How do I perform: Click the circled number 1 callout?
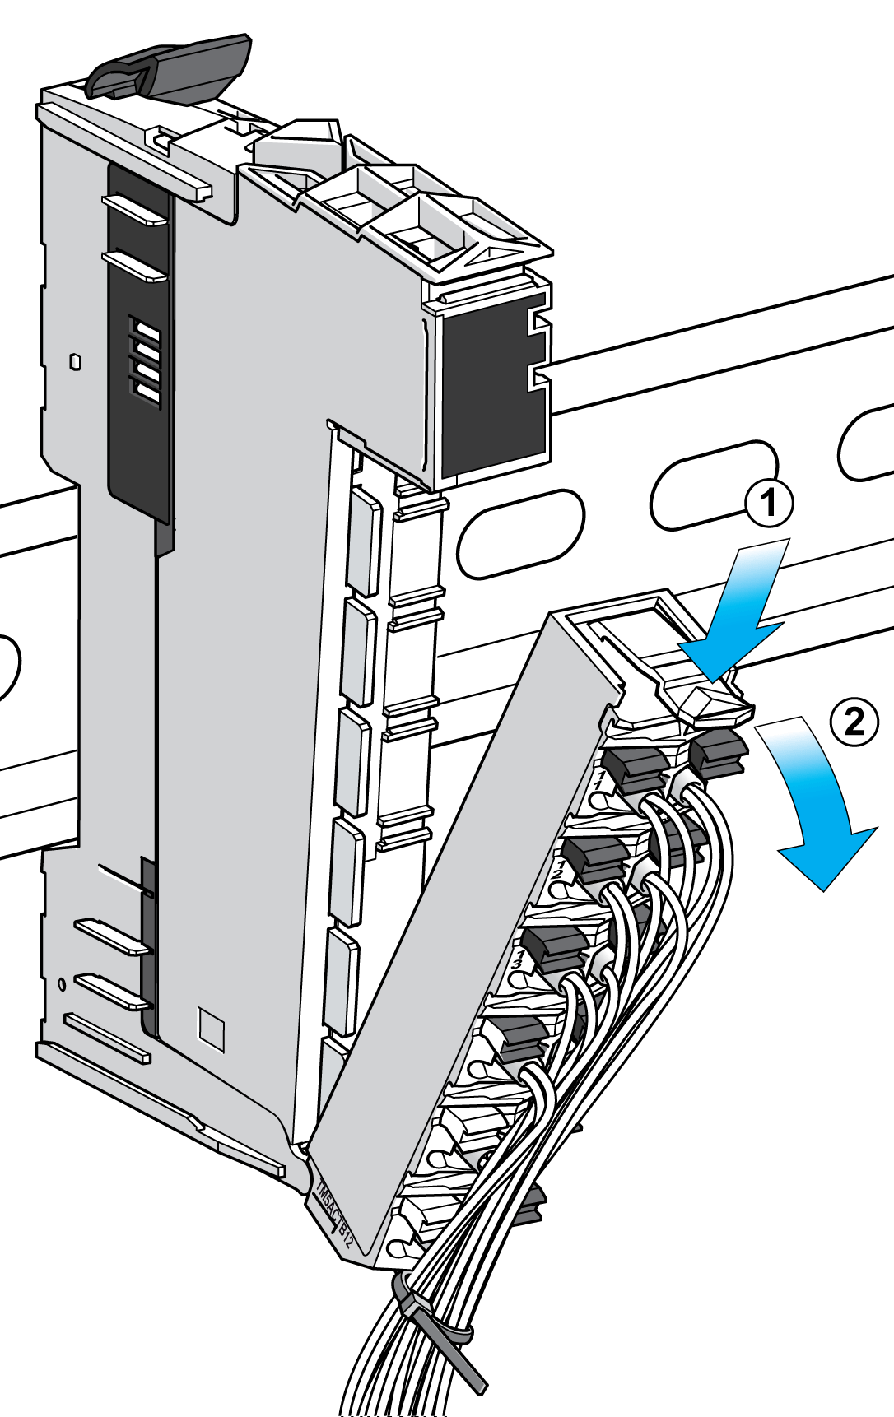(769, 502)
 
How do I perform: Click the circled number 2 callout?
(854, 722)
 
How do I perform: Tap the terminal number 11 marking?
(600, 780)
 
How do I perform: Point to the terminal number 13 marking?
(519, 958)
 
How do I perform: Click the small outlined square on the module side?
(212, 1027)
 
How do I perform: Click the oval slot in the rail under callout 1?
(713, 485)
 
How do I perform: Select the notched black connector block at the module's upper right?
(492, 383)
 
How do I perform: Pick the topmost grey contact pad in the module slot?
(364, 539)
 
